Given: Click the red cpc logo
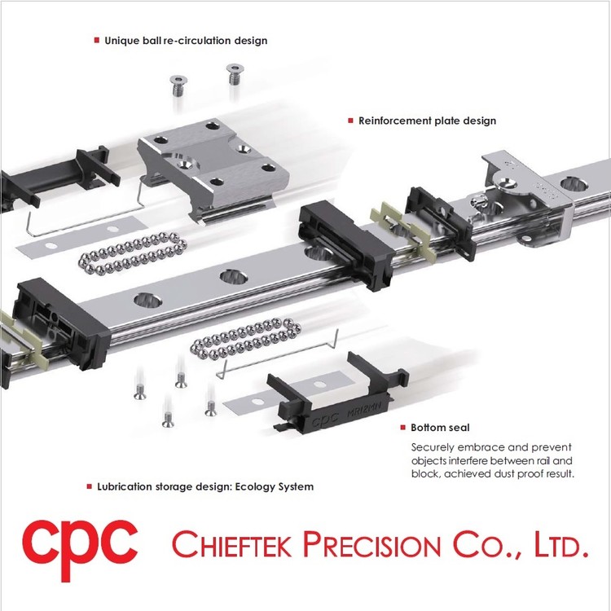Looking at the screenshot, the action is pos(80,549).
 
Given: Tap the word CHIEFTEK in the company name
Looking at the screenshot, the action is pos(231,544).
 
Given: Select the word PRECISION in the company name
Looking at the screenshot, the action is pos(371,544).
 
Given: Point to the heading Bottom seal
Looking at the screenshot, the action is pos(440,428).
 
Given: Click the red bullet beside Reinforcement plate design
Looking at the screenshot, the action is pos(350,121).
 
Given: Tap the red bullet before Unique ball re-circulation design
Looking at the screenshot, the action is pos(97,40).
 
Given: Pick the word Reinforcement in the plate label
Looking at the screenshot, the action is pos(395,121).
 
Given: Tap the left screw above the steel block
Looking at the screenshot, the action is pos(179,86).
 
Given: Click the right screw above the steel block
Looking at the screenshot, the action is pos(235,74).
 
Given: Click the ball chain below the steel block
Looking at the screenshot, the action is pos(133,253).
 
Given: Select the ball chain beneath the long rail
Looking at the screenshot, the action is pos(245,338).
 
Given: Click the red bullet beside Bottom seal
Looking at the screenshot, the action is pos(403,428).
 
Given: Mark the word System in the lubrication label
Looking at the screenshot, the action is pos(298,487).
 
